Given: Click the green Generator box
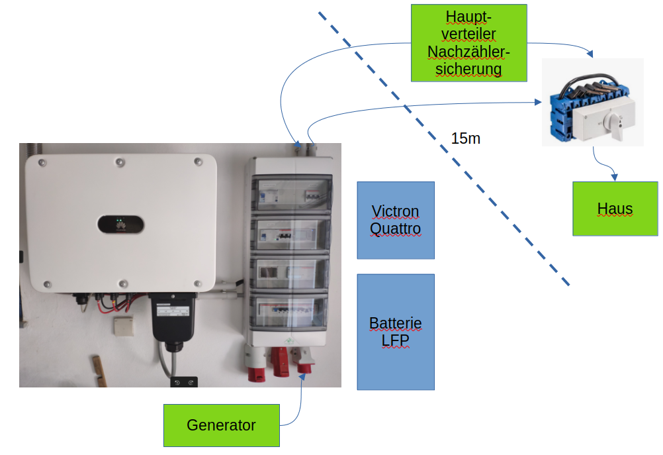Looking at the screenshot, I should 221,425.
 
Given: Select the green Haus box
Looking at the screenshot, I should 615,209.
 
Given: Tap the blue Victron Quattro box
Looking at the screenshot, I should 396,220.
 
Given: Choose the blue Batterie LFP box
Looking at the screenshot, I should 396,332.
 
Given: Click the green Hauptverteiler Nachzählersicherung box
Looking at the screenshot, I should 468,43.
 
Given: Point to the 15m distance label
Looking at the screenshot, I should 466,138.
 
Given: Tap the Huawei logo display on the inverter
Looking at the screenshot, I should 120,224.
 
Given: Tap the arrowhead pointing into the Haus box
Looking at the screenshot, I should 615,177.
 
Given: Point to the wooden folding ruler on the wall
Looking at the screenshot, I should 98,370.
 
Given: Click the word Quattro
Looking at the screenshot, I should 396,229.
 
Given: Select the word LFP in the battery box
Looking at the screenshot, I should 396,340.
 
